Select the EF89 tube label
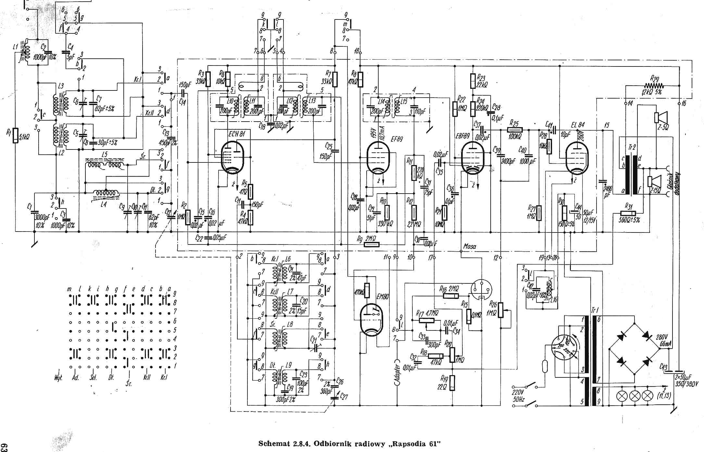[x=396, y=139]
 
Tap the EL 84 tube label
[x=577, y=125]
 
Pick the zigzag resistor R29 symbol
[x=654, y=86]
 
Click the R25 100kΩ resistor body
[x=516, y=130]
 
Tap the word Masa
[x=470, y=246]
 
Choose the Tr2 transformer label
[x=632, y=148]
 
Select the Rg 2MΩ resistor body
[x=372, y=244]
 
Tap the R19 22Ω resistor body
[x=452, y=383]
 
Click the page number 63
[x=4, y=446]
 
